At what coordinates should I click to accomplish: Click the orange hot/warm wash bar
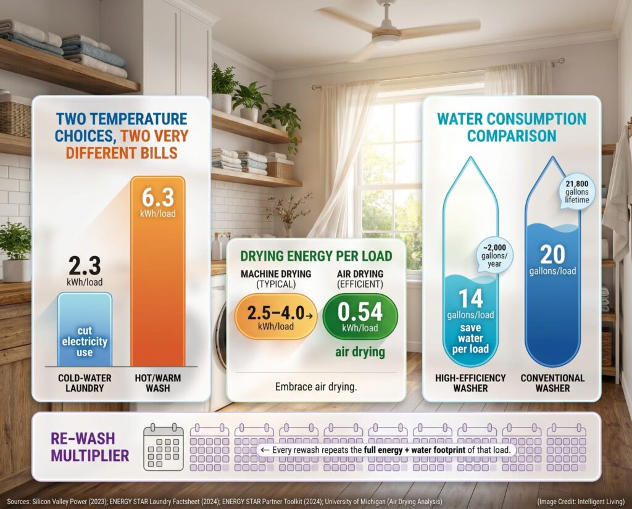pyautogui.click(x=157, y=271)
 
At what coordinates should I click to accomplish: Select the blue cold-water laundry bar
pyautogui.click(x=85, y=329)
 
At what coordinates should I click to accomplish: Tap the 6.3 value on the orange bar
pyautogui.click(x=158, y=197)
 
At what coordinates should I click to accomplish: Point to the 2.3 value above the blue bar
pyautogui.click(x=85, y=266)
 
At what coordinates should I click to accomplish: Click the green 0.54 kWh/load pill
pyautogui.click(x=360, y=317)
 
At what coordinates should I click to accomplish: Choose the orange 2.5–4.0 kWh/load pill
pyautogui.click(x=276, y=317)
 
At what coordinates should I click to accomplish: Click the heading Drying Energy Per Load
pyautogui.click(x=316, y=256)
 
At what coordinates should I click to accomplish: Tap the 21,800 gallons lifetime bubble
pyautogui.click(x=577, y=192)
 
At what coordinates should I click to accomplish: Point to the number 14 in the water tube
pyautogui.click(x=471, y=299)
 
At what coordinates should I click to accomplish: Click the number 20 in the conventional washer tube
pyautogui.click(x=552, y=254)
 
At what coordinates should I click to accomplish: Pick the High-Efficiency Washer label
pyautogui.click(x=470, y=383)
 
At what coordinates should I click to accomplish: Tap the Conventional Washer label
pyautogui.click(x=552, y=383)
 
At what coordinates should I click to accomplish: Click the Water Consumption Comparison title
pyautogui.click(x=512, y=127)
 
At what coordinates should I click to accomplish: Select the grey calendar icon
pyautogui.click(x=163, y=447)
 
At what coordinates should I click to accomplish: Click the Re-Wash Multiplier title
pyautogui.click(x=90, y=447)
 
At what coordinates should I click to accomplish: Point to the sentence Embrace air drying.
pyautogui.click(x=316, y=387)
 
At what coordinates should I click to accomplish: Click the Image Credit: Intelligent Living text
pyautogui.click(x=581, y=502)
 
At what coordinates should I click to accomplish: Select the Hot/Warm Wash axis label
pyautogui.click(x=157, y=383)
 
